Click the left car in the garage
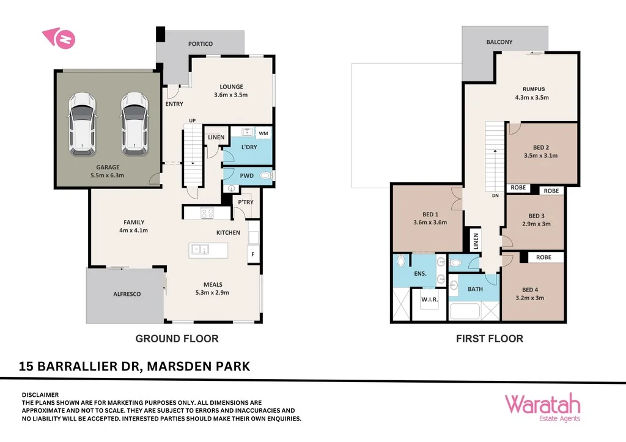tap(81, 123)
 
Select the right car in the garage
tap(133, 123)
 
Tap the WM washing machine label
tap(263, 133)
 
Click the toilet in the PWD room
tap(265, 176)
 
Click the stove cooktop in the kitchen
tap(207, 213)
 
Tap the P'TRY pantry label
tap(246, 202)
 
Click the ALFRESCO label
tap(127, 294)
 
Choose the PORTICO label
tap(200, 44)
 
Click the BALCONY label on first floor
tap(499, 42)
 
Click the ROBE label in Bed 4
tap(543, 257)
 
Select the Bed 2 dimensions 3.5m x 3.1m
tap(540, 155)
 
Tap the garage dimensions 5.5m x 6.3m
tap(107, 175)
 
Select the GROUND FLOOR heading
tap(176, 339)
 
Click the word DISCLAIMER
tap(40, 395)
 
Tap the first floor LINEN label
tap(474, 240)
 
